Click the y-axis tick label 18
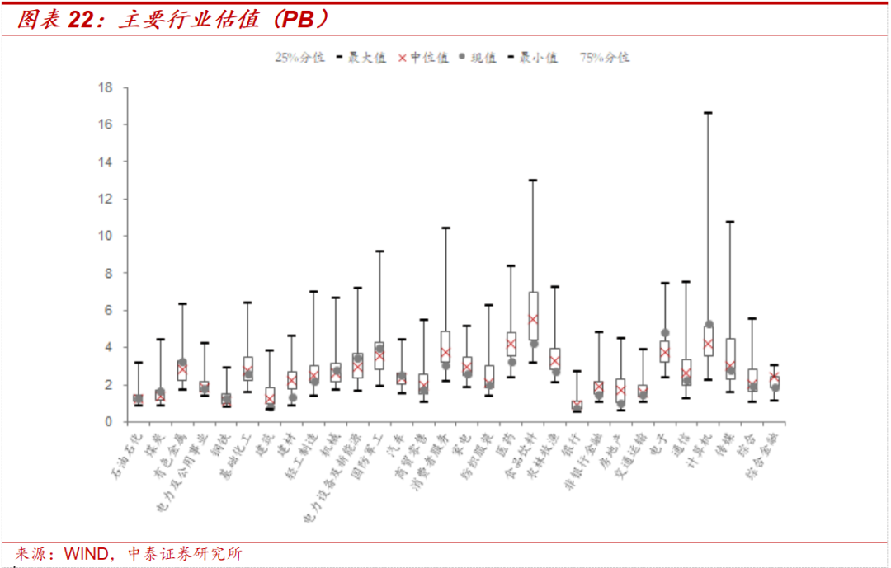point(104,87)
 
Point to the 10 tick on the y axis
point(104,236)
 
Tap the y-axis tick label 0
point(107,422)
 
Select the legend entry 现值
point(483,58)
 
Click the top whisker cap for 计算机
point(707,112)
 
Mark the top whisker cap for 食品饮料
point(533,180)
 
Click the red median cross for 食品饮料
point(533,318)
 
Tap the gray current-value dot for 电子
point(665,333)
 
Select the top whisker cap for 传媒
point(729,222)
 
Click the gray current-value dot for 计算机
point(709,324)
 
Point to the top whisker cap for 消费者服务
point(445,228)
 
